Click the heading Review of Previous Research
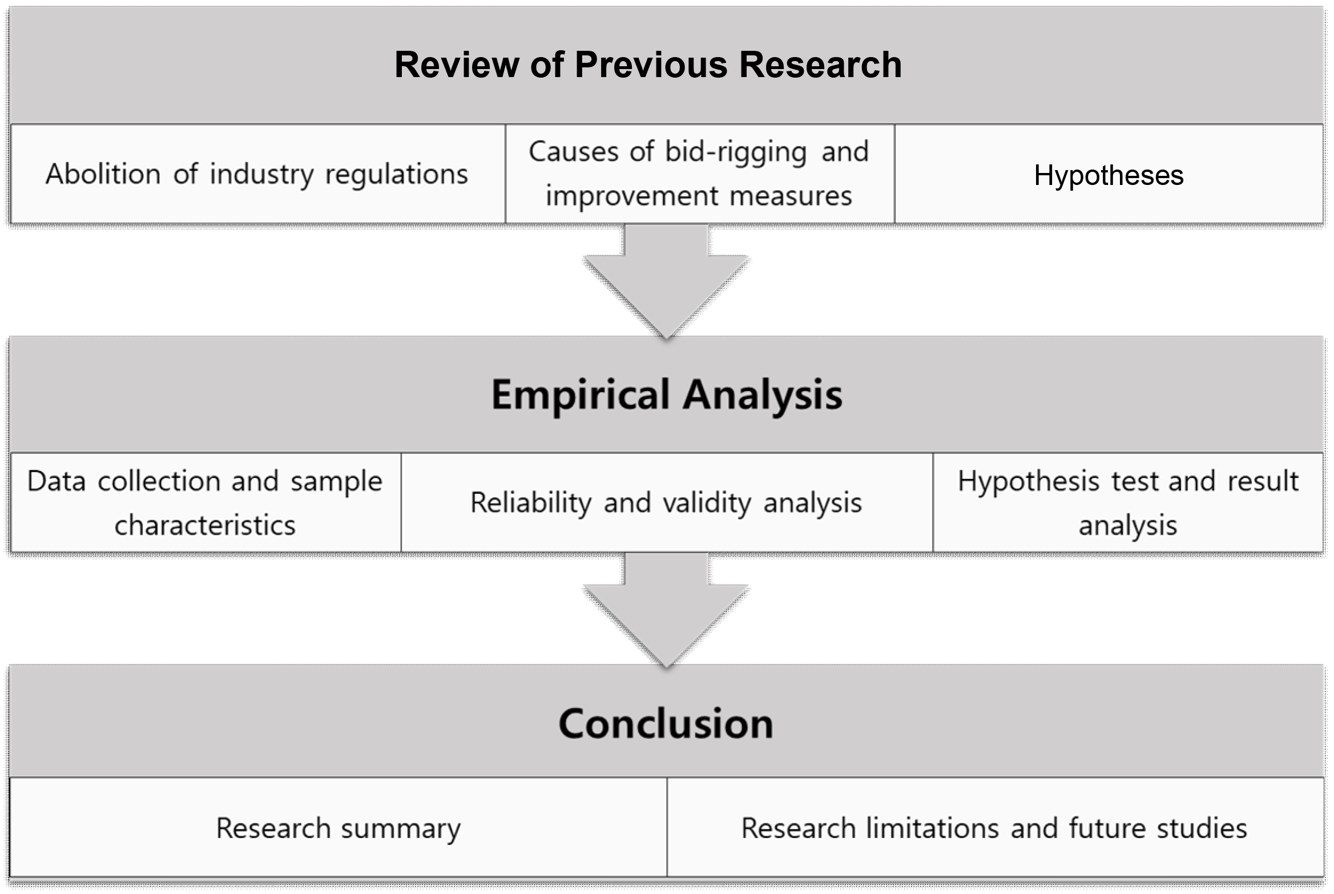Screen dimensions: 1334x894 [648, 64]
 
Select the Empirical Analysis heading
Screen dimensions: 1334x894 [667, 394]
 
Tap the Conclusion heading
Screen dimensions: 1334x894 [666, 723]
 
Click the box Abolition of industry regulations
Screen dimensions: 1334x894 [257, 174]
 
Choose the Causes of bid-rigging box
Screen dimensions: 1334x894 [700, 174]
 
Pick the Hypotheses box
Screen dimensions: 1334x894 [1109, 174]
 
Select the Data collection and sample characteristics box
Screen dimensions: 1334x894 [205, 502]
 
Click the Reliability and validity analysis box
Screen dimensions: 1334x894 [667, 502]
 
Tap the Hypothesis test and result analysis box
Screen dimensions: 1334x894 [1128, 502]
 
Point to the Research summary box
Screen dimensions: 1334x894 [338, 827]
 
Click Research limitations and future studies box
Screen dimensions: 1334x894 [995, 827]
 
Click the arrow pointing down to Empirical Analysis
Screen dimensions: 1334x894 [666, 281]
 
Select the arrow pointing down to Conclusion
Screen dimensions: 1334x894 [666, 610]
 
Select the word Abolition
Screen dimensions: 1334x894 [103, 174]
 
